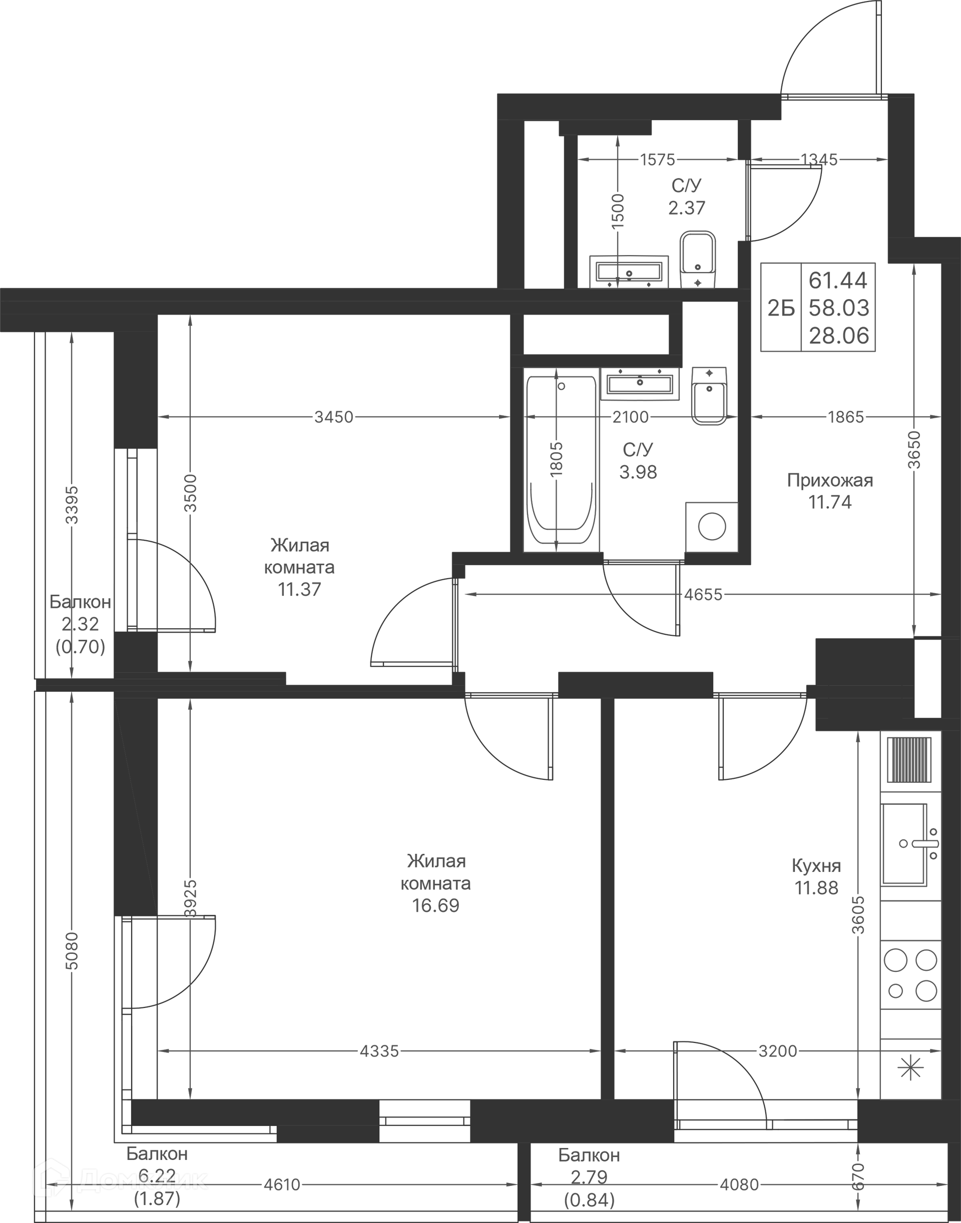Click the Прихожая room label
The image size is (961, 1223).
click(x=830, y=480)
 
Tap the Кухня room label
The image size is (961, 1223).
click(x=816, y=866)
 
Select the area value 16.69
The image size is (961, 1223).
click(x=435, y=905)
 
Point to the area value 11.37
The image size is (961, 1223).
click(x=299, y=589)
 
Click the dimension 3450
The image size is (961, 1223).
click(x=334, y=417)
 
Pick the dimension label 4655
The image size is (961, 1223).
click(x=703, y=594)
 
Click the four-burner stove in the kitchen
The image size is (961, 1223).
click(x=910, y=975)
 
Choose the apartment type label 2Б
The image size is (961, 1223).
click(x=781, y=308)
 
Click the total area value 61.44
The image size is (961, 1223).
click(x=838, y=280)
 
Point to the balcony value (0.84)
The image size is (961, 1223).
click(x=589, y=1200)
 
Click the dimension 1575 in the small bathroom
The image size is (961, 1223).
click(x=657, y=160)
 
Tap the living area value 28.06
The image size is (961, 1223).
click(x=839, y=336)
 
